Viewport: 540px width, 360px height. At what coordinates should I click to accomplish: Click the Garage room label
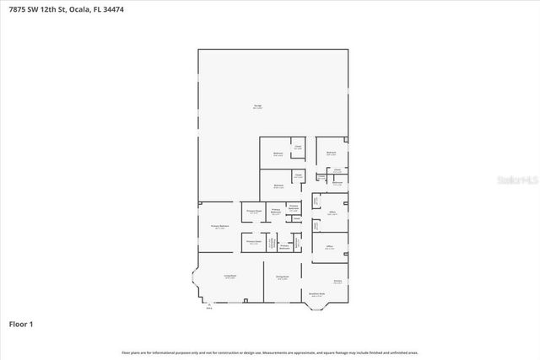pyautogui.click(x=258, y=106)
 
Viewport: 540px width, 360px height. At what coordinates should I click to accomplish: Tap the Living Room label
pyautogui.click(x=229, y=277)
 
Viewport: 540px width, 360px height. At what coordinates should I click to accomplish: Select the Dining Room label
pyautogui.click(x=282, y=277)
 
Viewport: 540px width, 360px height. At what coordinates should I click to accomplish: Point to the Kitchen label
pyautogui.click(x=337, y=282)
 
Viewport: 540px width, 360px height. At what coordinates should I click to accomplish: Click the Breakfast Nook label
pyautogui.click(x=317, y=294)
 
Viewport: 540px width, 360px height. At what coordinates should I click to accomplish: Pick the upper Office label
pyautogui.click(x=333, y=212)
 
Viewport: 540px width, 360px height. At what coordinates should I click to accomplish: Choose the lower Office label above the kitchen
pyautogui.click(x=330, y=247)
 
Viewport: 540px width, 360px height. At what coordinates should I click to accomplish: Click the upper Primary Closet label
pyautogui.click(x=253, y=211)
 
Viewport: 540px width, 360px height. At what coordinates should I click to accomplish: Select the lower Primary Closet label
pyautogui.click(x=253, y=242)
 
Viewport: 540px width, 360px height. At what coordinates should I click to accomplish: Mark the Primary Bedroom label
pyautogui.click(x=219, y=227)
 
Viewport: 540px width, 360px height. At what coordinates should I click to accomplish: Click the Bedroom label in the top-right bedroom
pyautogui.click(x=332, y=153)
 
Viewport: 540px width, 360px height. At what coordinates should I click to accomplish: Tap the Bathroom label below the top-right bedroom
pyautogui.click(x=337, y=183)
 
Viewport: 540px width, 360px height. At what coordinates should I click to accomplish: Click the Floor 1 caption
pyautogui.click(x=20, y=324)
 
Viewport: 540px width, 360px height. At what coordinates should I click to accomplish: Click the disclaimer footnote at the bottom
pyautogui.click(x=270, y=352)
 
